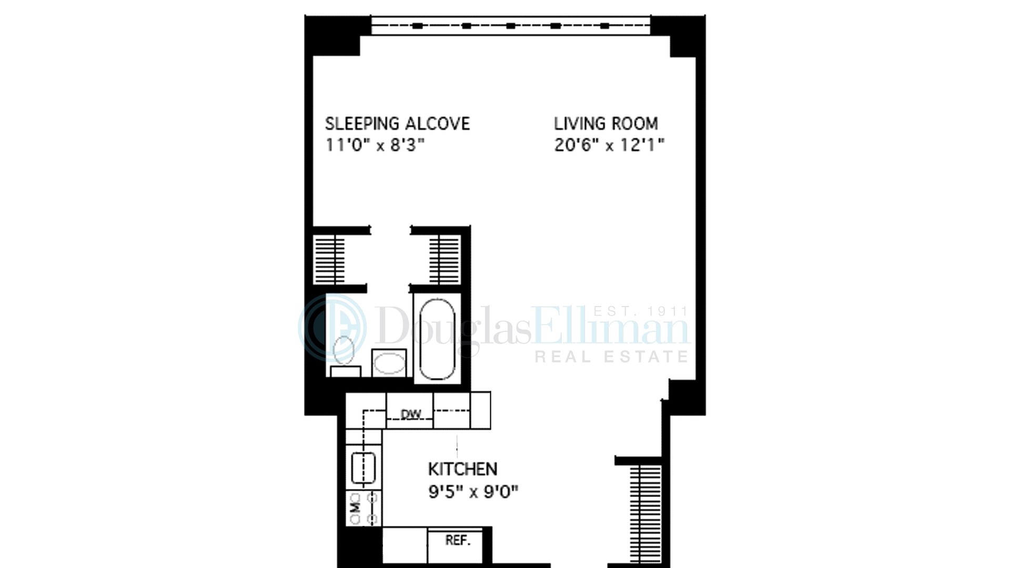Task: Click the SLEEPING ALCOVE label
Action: point(397,124)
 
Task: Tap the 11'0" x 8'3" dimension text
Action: point(375,145)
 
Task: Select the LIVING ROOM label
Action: point(605,124)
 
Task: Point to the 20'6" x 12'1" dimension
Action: point(609,145)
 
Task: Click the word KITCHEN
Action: point(462,469)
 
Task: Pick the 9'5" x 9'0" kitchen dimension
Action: point(473,492)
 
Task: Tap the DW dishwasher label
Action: point(410,414)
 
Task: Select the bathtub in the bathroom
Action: point(437,339)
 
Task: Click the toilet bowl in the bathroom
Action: point(344,350)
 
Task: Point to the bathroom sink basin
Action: point(389,363)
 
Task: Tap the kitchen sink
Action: point(363,468)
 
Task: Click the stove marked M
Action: point(363,508)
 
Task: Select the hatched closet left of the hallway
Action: point(329,260)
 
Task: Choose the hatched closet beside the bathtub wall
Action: point(445,260)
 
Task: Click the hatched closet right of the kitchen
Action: point(645,513)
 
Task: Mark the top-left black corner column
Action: point(333,35)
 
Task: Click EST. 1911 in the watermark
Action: point(640,311)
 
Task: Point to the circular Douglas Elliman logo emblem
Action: point(332,328)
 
